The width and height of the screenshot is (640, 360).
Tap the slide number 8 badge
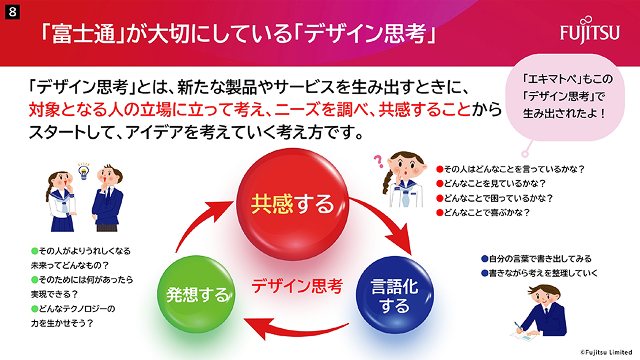pos(9,9)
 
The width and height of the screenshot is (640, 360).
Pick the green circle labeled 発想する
pos(198,295)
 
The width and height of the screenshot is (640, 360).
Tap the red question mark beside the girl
pos(378,160)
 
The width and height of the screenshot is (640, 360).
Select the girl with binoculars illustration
pos(405,180)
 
